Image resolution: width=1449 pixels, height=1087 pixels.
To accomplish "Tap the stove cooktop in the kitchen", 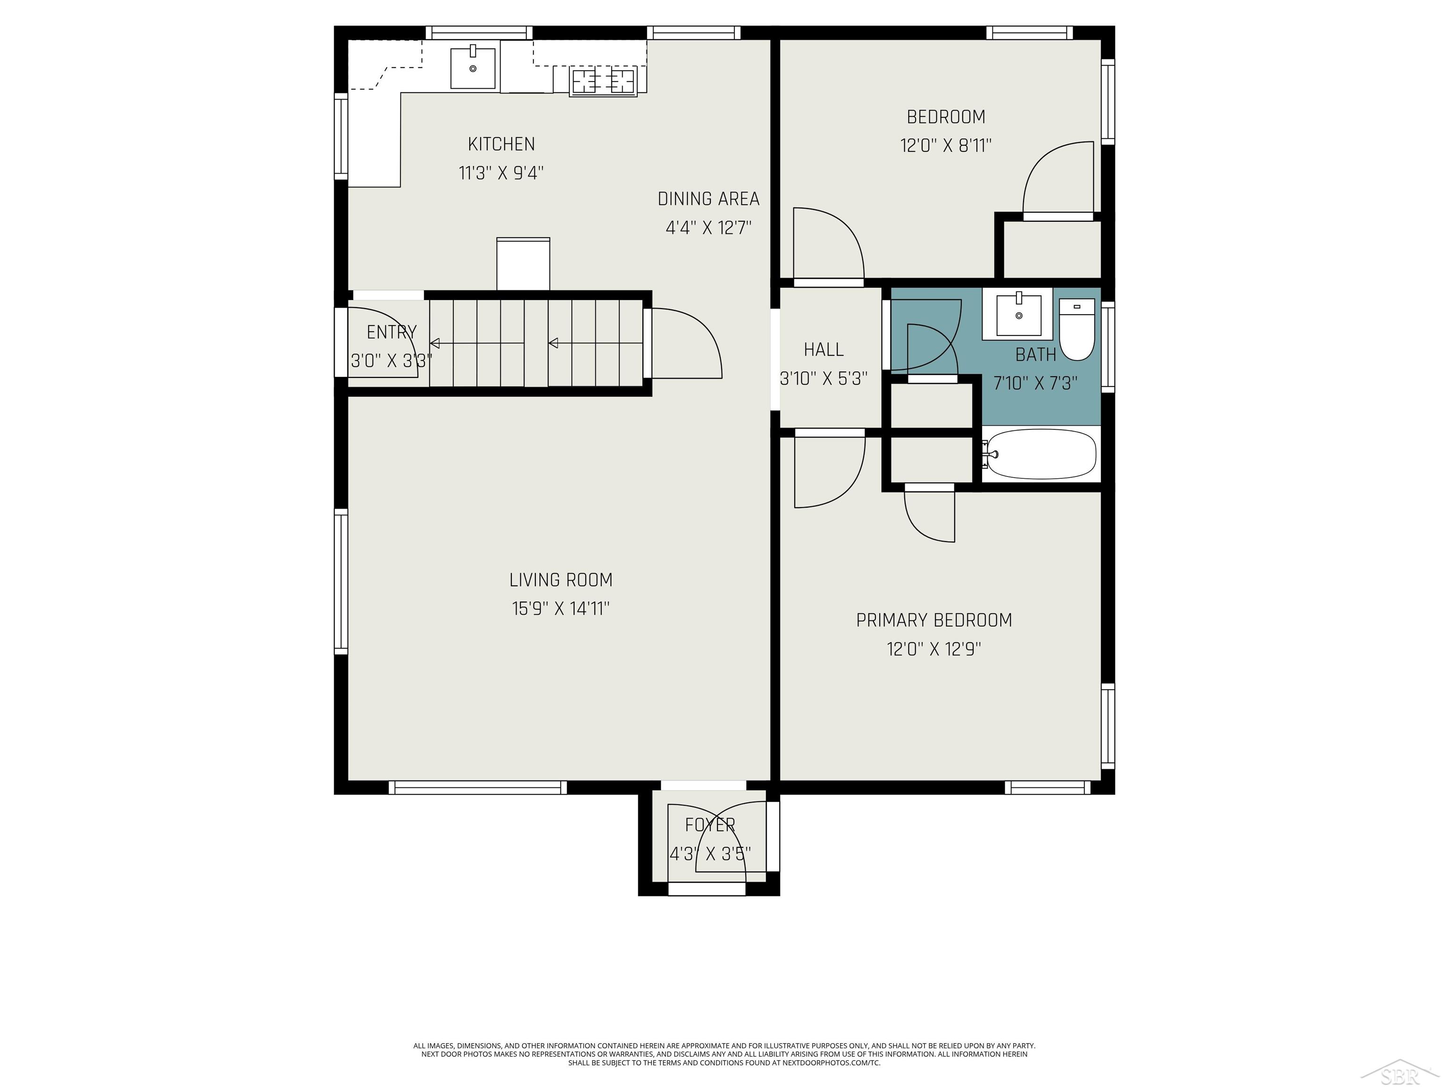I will click(603, 81).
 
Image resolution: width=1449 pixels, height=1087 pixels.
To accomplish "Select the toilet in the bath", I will click(1077, 330).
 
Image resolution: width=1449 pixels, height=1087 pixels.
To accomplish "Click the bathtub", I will click(1041, 454).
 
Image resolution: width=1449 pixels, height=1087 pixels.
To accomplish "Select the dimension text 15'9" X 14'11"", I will click(561, 609).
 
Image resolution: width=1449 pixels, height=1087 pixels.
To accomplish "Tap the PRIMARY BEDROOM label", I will click(933, 620).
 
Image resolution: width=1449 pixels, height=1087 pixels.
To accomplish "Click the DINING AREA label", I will click(708, 199).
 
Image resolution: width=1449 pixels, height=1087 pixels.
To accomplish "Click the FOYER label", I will click(709, 825).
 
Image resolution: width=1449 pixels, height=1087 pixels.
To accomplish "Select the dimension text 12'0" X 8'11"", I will click(945, 145).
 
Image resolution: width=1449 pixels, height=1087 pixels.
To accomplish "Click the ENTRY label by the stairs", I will click(391, 332).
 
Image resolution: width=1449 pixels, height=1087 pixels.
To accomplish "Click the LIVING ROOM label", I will click(561, 580).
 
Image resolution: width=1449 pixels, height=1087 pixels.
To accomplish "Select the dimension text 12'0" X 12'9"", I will click(933, 649).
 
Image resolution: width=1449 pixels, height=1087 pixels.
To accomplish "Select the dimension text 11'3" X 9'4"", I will click(501, 174).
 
